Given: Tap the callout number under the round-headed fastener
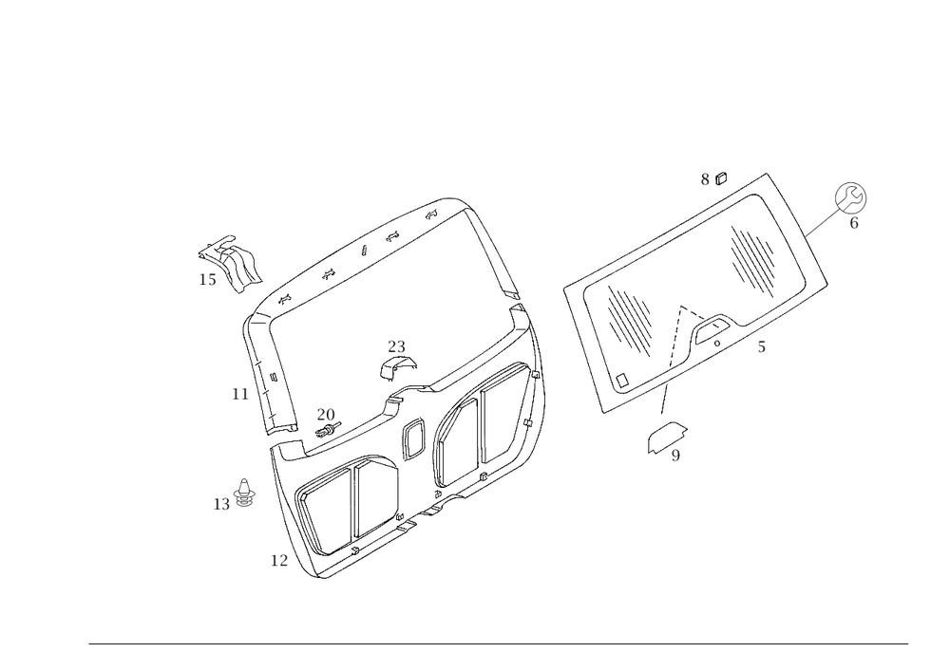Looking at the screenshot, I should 853,225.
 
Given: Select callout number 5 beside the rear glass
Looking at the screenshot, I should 761,348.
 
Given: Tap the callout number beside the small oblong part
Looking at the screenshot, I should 675,457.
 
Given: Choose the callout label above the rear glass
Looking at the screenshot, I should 713,177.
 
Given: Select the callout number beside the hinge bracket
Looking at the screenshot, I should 207,280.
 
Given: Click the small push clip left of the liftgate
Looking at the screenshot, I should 244,491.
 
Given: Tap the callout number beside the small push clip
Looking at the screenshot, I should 220,506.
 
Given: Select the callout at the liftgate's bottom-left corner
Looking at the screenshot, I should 277,562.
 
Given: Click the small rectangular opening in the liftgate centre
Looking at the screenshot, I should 413,438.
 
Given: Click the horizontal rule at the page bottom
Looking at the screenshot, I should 499,643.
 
